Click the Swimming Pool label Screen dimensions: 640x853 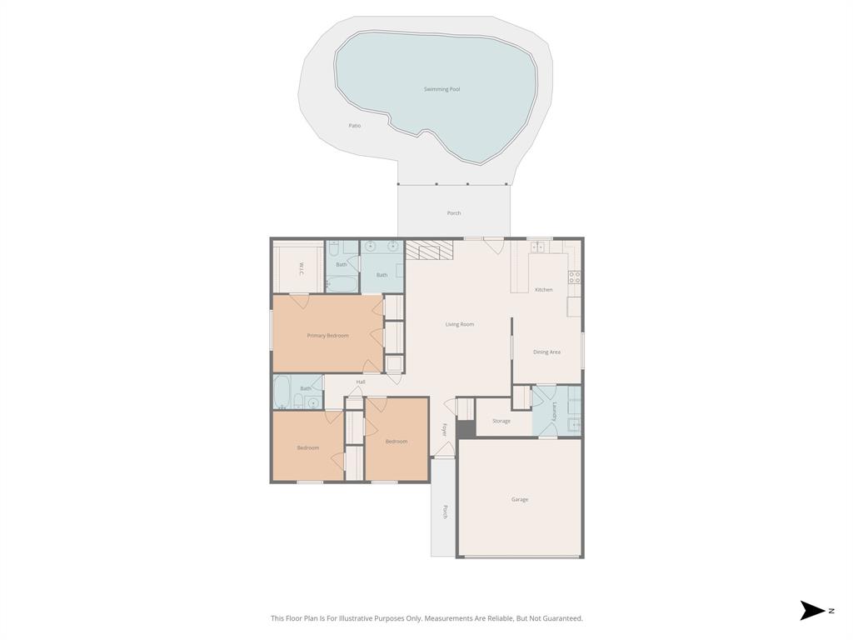tap(441, 89)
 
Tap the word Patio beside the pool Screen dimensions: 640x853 tap(355, 126)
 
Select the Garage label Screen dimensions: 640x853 tap(520, 499)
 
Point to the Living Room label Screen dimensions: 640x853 tap(459, 324)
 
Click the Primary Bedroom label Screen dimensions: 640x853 tap(327, 336)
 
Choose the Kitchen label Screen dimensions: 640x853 tap(543, 290)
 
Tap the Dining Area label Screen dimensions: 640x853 tap(546, 352)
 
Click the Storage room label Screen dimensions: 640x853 tap(501, 421)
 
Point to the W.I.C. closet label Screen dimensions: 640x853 tap(300, 269)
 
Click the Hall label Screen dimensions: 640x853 tap(361, 382)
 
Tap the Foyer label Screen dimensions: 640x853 tap(445, 430)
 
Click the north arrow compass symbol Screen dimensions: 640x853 tap(812, 611)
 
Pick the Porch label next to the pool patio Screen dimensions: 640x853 tap(453, 213)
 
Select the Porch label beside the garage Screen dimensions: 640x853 tap(445, 511)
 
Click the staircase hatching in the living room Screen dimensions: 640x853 tap(429, 249)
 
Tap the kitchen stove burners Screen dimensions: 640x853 tap(575, 277)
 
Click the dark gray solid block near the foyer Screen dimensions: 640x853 tap(465, 427)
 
